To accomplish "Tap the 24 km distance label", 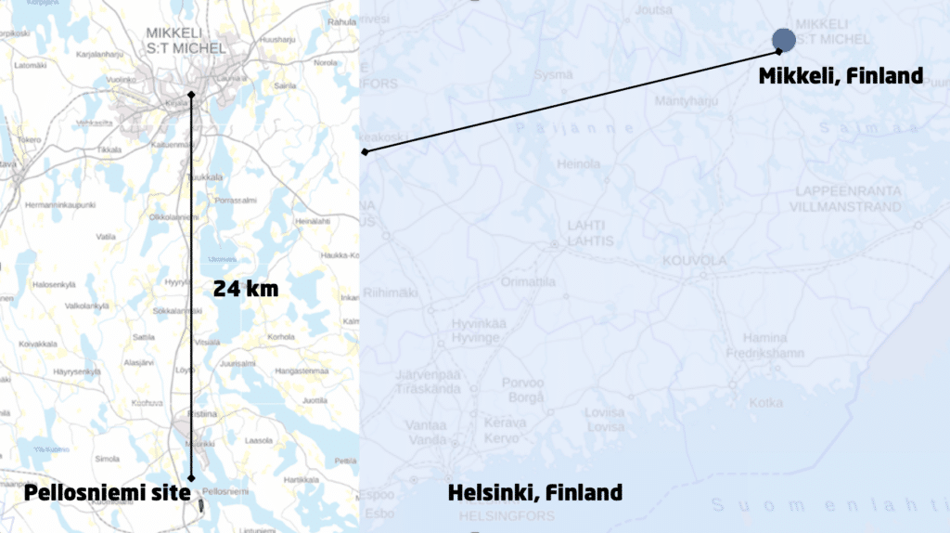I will click(246, 289).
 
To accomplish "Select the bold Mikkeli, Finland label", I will click(841, 76).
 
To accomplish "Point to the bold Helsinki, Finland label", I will click(534, 492).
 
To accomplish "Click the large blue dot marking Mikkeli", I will click(783, 39).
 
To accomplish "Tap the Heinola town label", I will click(578, 164).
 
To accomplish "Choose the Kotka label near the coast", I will click(765, 403).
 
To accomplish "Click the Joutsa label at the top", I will click(654, 11).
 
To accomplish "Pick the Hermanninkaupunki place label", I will click(61, 204).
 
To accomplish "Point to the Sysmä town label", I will click(553, 73).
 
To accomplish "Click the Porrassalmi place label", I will click(235, 200).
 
